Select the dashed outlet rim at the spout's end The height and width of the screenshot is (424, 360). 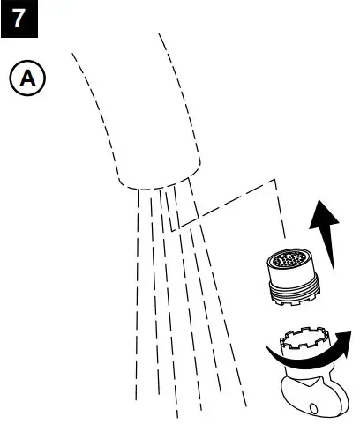[x=154, y=187]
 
